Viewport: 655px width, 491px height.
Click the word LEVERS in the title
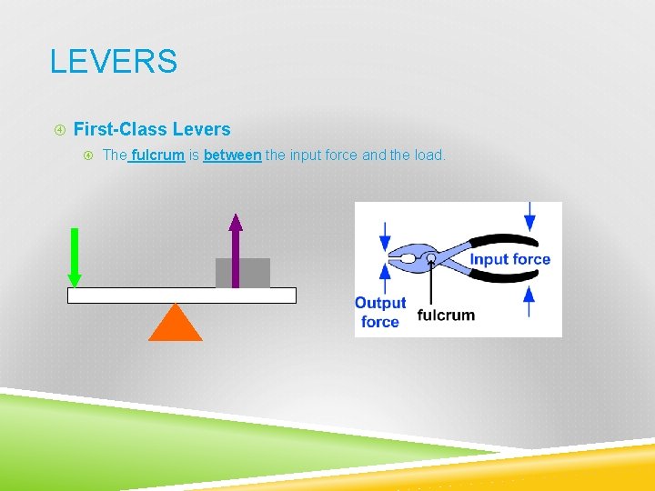[114, 62]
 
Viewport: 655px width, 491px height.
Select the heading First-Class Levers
[152, 129]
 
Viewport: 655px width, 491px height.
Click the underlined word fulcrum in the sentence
[158, 155]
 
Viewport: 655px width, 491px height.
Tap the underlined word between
[232, 155]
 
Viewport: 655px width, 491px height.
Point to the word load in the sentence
[428, 155]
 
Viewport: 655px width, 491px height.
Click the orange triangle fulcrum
[176, 324]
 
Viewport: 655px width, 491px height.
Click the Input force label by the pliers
[509, 259]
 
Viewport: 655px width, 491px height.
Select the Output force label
[380, 312]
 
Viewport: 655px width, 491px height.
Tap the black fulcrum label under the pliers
[446, 316]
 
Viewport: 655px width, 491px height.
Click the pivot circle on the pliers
[431, 259]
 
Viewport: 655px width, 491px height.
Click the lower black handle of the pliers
[505, 276]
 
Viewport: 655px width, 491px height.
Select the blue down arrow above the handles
[529, 216]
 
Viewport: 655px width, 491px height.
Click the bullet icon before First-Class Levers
[59, 130]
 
